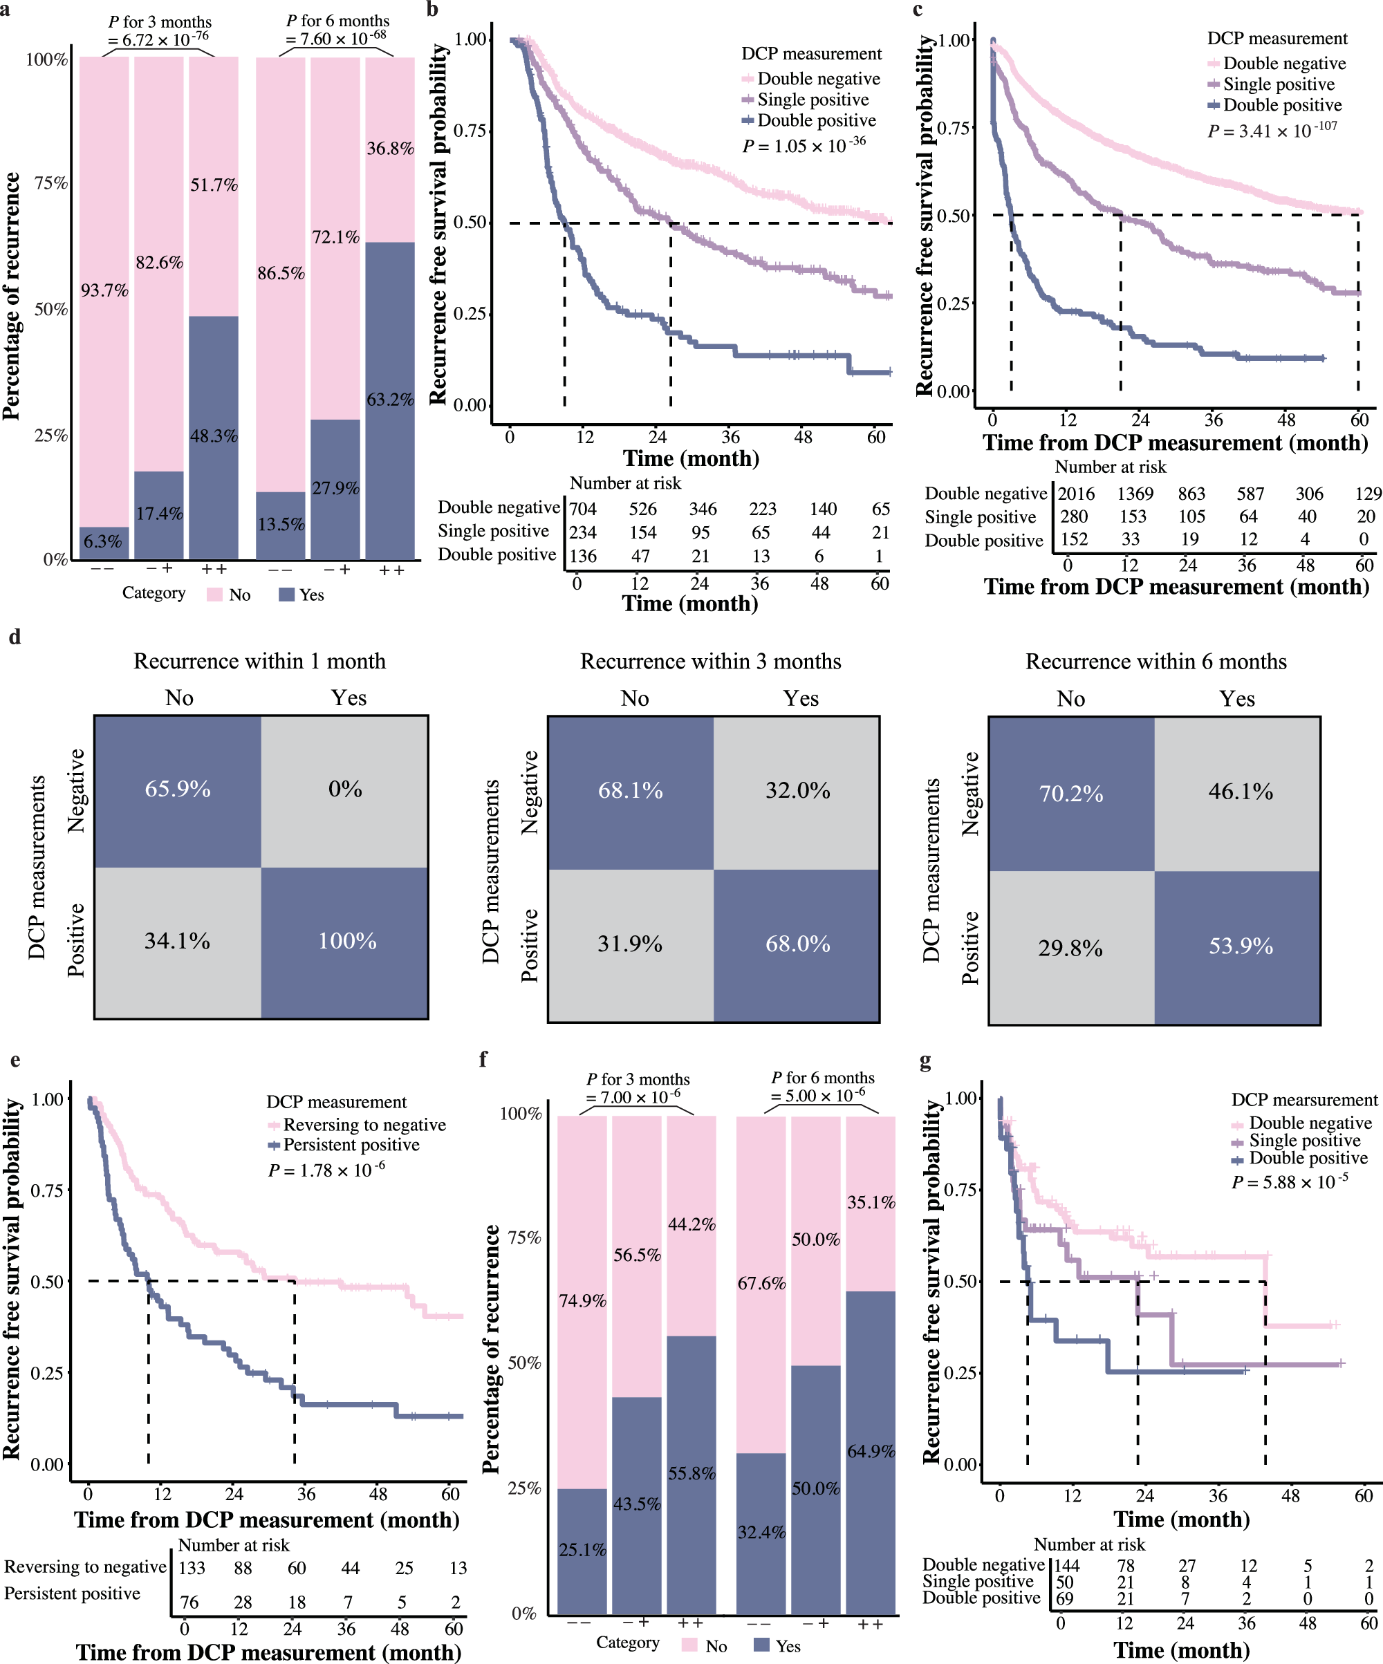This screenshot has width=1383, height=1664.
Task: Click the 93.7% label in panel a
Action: coord(104,290)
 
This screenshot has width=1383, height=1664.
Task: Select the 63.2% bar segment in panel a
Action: coord(390,400)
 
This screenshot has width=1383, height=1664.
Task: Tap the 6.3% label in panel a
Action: coord(103,542)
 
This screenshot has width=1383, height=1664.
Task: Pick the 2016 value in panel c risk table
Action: coord(1076,494)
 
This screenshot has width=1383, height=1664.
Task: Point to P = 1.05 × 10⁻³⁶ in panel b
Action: coord(804,146)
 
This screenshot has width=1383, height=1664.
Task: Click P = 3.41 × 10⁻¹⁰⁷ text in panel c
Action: coord(1272,131)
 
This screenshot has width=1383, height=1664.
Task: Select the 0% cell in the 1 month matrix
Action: coord(345,789)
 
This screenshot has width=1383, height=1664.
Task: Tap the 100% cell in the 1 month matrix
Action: coord(346,942)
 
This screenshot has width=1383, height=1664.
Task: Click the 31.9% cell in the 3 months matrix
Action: coord(629,944)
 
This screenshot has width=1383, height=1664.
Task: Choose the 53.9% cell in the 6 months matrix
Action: coord(1241,946)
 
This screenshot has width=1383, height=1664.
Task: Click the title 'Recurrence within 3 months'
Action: coord(710,661)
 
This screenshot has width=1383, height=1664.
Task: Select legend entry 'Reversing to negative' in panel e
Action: coord(364,1124)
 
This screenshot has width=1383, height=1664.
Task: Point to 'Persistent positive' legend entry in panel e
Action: coord(351,1145)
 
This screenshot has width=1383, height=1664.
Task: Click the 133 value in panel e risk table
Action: coord(192,1568)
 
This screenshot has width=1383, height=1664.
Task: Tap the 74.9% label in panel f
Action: coord(582,1300)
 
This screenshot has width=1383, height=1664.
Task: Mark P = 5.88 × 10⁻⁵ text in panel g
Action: coord(1289,1182)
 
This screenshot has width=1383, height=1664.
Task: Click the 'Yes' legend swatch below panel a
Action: coord(287,595)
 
